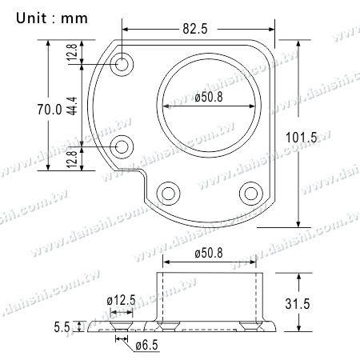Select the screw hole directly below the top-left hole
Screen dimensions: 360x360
click(x=123, y=146)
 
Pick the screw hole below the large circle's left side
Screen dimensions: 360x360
click(x=170, y=193)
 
